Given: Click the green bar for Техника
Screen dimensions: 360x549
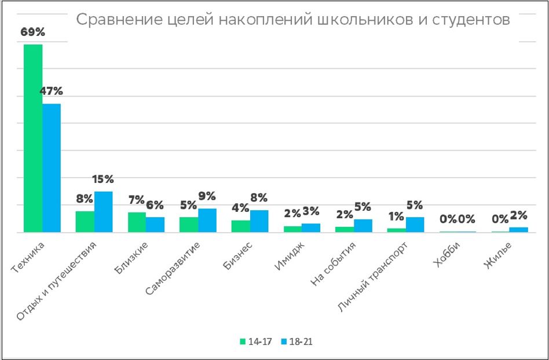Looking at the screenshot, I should click(33, 138).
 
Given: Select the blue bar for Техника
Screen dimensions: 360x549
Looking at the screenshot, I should click(52, 168).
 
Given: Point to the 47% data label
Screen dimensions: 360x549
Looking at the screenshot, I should click(52, 91).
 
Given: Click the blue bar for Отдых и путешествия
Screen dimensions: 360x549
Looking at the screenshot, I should click(104, 212).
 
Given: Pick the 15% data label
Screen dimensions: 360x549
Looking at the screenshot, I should click(104, 179).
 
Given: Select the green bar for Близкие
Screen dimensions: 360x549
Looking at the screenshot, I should click(137, 222).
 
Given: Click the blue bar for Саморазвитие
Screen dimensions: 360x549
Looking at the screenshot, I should click(207, 220).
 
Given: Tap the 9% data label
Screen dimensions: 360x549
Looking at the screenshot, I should click(207, 196).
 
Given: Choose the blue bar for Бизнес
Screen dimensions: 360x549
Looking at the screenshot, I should click(259, 221).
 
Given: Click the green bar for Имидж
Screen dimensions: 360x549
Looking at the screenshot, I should click(292, 229).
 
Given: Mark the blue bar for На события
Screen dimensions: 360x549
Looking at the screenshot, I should click(363, 226).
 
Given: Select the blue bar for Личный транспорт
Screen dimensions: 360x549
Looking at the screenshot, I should click(415, 225).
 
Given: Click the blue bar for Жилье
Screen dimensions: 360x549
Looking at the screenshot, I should click(519, 230).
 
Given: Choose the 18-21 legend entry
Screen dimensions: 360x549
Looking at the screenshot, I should click(297, 341).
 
